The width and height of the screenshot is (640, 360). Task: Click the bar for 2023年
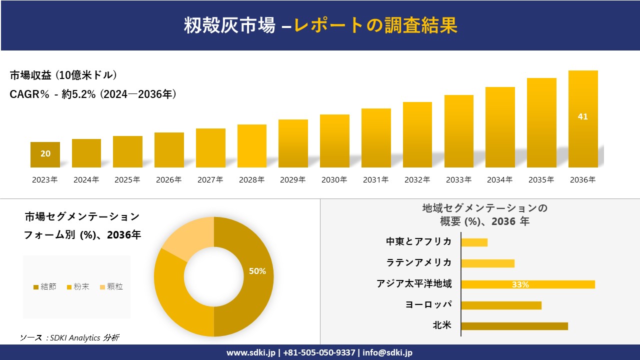tap(45, 154)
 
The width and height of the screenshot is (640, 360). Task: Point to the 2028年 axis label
tap(251, 180)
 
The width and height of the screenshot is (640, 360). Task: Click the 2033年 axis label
tap(458, 180)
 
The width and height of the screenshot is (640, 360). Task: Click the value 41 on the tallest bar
tap(582, 116)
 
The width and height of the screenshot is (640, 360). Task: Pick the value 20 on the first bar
tap(45, 153)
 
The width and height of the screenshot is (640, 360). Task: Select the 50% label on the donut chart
tap(257, 271)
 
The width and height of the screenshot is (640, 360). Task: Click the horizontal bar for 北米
tap(514, 326)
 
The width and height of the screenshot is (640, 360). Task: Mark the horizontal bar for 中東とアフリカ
tap(474, 242)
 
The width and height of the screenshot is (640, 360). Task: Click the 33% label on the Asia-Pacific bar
tap(520, 284)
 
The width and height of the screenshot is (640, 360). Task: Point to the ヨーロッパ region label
tap(428, 304)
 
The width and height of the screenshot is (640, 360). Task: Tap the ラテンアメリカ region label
tap(419, 262)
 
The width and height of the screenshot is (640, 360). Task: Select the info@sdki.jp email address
tap(388, 352)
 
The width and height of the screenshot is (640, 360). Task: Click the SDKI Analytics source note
tap(69, 337)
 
